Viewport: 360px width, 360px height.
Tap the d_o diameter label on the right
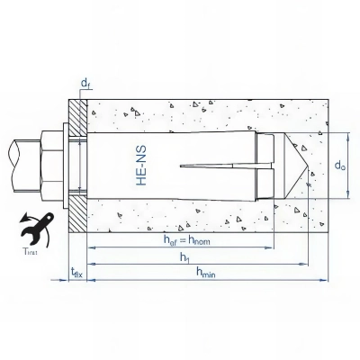click(x=339, y=167)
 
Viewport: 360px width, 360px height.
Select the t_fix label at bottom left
click(x=78, y=274)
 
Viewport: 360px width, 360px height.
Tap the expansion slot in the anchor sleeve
click(x=216, y=166)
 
